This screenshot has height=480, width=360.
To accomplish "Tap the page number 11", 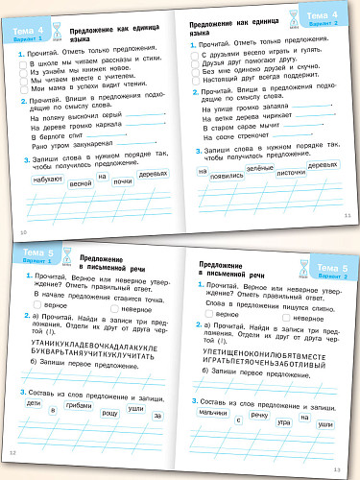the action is tap(348, 215).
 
